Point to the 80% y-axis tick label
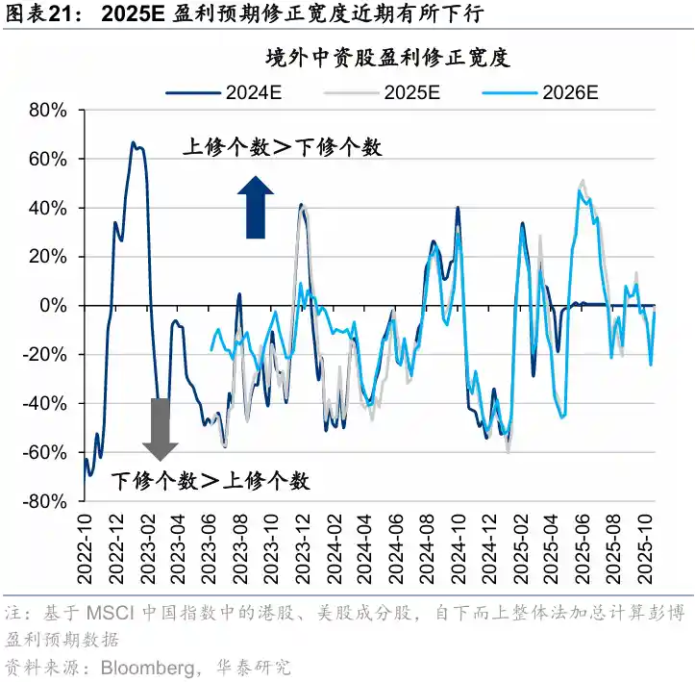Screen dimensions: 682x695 tap(47, 110)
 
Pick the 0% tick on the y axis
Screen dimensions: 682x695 tap(54, 305)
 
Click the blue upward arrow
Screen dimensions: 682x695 tap(256, 206)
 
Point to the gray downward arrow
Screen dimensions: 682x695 tap(161, 428)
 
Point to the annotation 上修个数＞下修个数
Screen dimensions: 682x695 tap(283, 147)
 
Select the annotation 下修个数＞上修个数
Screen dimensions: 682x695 tap(211, 480)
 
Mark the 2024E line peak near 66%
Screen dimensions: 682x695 tap(134, 143)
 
